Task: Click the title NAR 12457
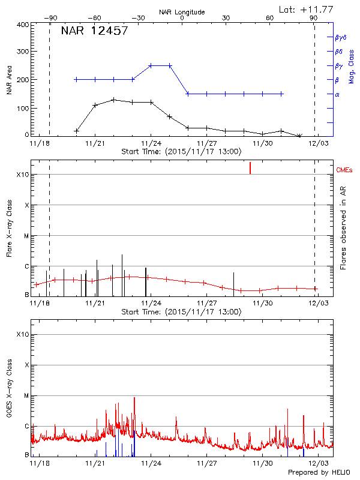point(94,31)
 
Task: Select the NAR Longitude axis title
point(182,11)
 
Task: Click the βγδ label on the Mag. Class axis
point(341,37)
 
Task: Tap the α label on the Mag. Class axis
point(337,94)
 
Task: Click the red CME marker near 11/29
point(250,167)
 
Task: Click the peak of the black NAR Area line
point(113,99)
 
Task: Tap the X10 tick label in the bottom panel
point(23,334)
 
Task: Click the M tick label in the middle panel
point(26,236)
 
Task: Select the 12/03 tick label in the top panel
point(318,143)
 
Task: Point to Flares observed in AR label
point(343,229)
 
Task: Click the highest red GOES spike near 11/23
point(134,397)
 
